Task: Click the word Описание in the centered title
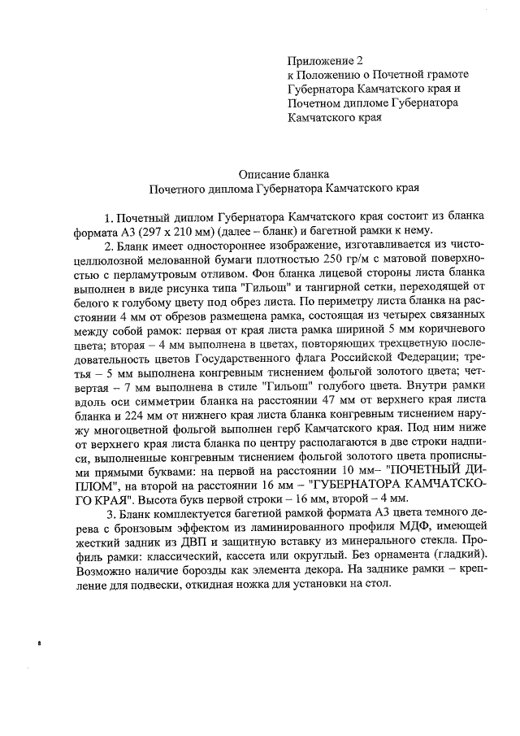click(265, 173)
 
